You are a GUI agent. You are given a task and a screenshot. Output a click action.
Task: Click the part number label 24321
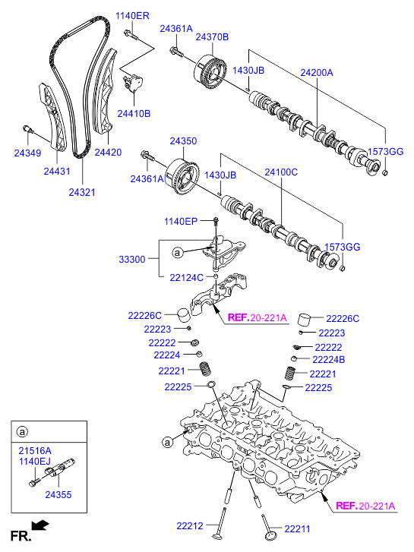pyautogui.click(x=82, y=192)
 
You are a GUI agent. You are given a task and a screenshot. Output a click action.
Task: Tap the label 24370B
pyautogui.click(x=212, y=36)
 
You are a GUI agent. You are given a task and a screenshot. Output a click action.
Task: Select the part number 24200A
pyautogui.click(x=317, y=73)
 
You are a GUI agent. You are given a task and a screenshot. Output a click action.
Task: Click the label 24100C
pyautogui.click(x=281, y=172)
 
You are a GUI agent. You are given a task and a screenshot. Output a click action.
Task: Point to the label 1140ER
pyautogui.click(x=132, y=15)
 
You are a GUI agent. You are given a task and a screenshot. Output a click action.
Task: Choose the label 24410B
pyautogui.click(x=134, y=113)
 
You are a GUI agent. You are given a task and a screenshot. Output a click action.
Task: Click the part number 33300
pyautogui.click(x=132, y=260)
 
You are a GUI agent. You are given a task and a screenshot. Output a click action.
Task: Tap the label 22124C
pyautogui.click(x=186, y=278)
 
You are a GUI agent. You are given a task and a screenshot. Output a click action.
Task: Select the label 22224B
pyautogui.click(x=329, y=359)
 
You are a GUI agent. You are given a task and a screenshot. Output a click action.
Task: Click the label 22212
pyautogui.click(x=190, y=525)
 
